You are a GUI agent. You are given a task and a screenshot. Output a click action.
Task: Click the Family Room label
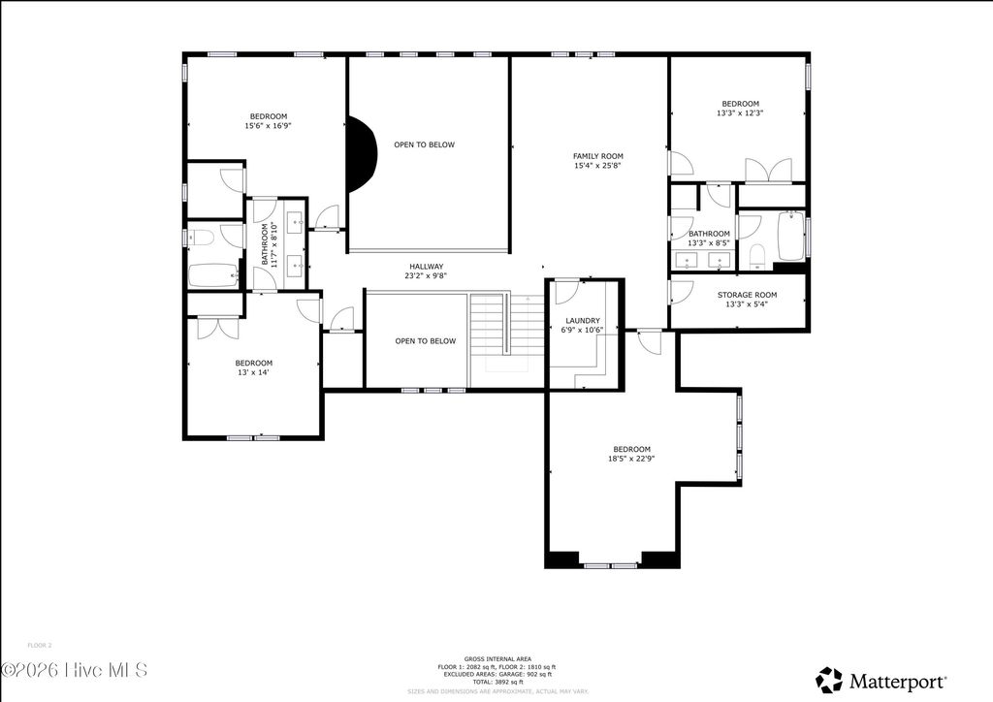(598, 156)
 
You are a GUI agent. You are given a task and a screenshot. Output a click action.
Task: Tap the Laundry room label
(583, 321)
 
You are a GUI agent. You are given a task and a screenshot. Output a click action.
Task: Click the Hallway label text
(425, 267)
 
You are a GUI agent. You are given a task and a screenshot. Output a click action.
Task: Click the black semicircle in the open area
(361, 154)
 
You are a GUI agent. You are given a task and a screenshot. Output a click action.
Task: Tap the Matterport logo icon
(829, 680)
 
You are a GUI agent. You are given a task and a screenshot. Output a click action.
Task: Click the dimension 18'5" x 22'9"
(631, 460)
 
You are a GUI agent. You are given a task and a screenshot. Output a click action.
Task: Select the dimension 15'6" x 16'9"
(268, 126)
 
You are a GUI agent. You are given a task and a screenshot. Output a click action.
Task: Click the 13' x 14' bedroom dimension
(254, 373)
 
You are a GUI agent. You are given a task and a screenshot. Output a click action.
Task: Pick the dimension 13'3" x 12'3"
(739, 113)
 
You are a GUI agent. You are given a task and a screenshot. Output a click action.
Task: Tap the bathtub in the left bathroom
(212, 275)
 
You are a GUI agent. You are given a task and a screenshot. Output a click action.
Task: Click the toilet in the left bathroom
(203, 237)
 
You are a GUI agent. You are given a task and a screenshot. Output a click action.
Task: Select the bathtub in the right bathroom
(790, 237)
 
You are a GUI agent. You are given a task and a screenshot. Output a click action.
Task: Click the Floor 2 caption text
(40, 645)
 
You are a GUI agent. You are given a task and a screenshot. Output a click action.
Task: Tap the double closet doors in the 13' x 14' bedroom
(218, 328)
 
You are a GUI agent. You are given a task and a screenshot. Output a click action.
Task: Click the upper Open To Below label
(424, 144)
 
